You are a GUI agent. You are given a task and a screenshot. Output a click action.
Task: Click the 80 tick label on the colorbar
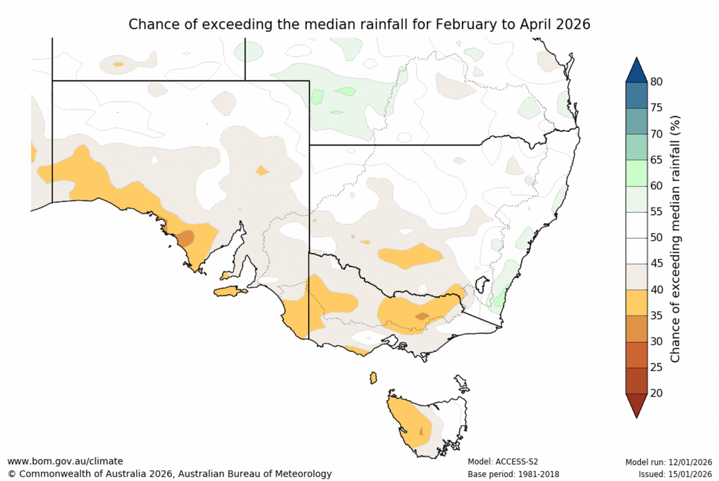(x=656, y=82)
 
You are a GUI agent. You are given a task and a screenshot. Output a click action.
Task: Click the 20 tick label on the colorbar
(x=656, y=393)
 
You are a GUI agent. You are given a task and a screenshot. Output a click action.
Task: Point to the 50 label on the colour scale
(x=656, y=237)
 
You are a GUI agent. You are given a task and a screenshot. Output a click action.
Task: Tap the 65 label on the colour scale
(x=656, y=160)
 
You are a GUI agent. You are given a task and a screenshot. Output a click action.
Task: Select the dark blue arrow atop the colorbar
(x=636, y=71)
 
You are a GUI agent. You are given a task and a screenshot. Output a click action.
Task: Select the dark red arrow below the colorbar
(x=636, y=405)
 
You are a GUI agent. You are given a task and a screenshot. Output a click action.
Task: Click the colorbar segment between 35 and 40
(x=636, y=303)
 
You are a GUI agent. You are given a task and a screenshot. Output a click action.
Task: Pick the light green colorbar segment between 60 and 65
(x=636, y=173)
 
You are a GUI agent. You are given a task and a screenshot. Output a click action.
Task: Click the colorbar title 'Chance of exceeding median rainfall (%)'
(x=675, y=239)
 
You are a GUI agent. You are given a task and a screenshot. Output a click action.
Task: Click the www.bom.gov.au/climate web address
(x=65, y=461)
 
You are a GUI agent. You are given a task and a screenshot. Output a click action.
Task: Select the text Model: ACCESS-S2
(x=502, y=462)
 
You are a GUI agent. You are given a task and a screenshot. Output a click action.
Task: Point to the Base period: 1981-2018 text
(x=513, y=474)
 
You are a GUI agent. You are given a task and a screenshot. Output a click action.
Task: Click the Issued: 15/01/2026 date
(x=675, y=474)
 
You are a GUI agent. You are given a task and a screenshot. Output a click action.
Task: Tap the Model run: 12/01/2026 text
(x=668, y=462)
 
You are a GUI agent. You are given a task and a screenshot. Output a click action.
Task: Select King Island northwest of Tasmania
(x=373, y=378)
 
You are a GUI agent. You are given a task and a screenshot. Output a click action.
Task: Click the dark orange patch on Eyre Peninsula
(x=186, y=238)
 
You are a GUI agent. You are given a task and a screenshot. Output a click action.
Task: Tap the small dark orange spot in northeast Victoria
(x=421, y=316)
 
